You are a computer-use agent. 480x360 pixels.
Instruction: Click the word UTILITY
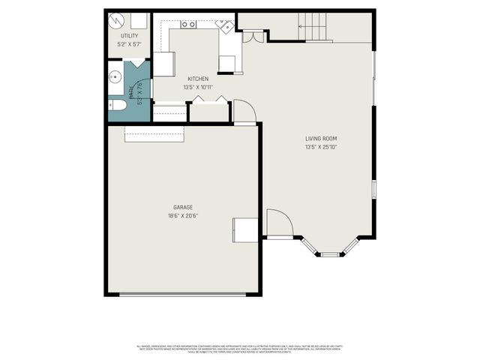(129, 36)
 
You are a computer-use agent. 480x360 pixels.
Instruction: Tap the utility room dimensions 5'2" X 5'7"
(129, 44)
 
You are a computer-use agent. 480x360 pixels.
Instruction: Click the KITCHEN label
(198, 79)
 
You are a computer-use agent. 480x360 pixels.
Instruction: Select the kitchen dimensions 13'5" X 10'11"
(198, 87)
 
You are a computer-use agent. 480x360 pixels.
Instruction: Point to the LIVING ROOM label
(320, 139)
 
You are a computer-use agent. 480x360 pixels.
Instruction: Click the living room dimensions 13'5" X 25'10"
(320, 147)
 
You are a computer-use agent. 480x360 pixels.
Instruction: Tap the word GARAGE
(183, 207)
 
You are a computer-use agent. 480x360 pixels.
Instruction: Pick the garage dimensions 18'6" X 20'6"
(183, 216)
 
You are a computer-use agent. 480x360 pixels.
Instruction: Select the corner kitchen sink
(226, 26)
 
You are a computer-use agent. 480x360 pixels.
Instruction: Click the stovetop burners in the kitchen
(188, 25)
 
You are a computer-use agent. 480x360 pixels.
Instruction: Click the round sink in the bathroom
(115, 76)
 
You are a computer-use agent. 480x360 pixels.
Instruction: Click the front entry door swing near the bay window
(277, 223)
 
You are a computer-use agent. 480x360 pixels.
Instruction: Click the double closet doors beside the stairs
(252, 34)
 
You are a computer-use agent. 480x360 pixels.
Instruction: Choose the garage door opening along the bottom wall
(182, 294)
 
